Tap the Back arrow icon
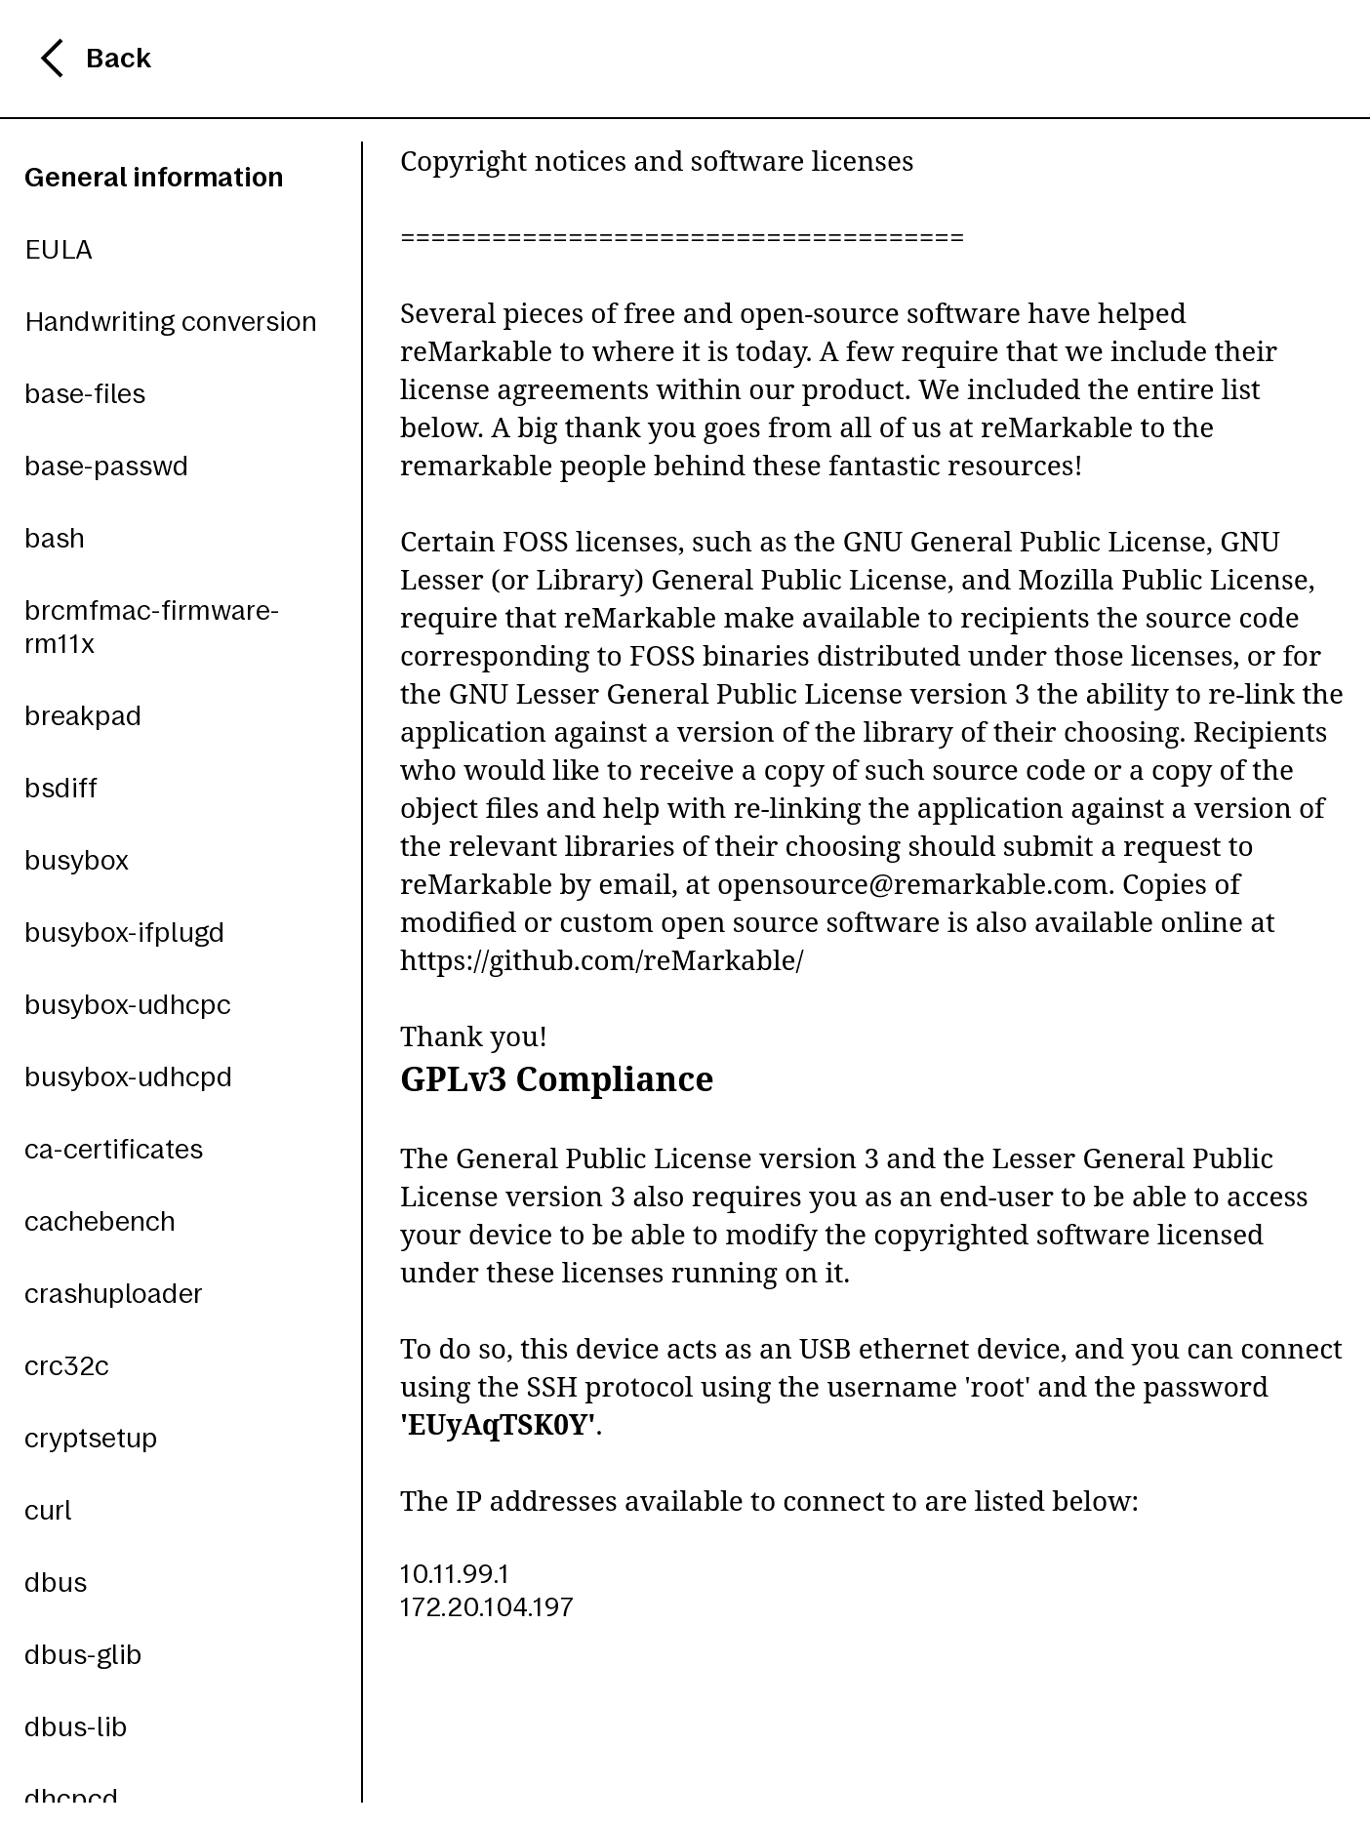point(53,59)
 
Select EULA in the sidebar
point(59,250)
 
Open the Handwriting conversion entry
point(171,322)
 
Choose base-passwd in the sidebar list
point(106,467)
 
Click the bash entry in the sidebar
point(55,539)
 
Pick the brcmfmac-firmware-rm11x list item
point(151,627)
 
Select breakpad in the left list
point(83,716)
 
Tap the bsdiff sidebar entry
point(60,789)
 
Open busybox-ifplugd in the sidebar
point(124,933)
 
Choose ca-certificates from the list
point(113,1150)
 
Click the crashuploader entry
point(113,1294)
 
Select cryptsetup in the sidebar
point(91,1439)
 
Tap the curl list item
point(48,1511)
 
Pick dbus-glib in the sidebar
point(83,1655)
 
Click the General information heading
point(154,178)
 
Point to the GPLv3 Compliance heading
point(556,1079)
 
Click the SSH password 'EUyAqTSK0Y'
point(498,1425)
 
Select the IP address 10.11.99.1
point(455,1574)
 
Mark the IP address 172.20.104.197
point(486,1607)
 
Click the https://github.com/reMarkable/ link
point(601,961)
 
